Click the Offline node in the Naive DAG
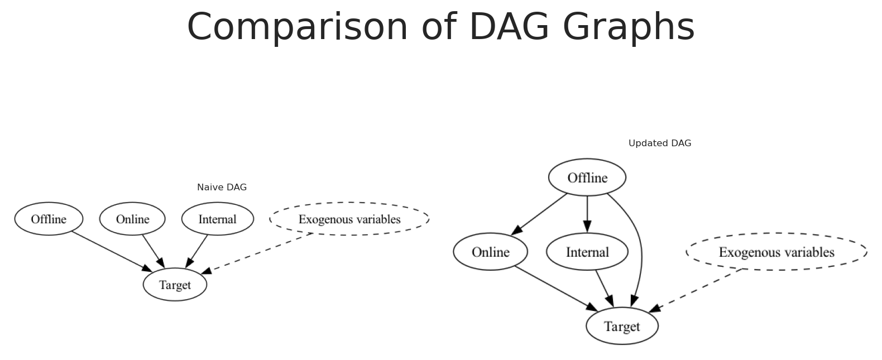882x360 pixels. (x=49, y=219)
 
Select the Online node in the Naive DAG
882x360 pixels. (x=132, y=219)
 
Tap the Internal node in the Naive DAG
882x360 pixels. (x=217, y=219)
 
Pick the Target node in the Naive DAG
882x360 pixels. (x=175, y=285)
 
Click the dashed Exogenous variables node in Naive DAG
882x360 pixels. (x=349, y=219)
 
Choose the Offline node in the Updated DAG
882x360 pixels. (x=587, y=177)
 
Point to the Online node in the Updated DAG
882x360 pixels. (x=491, y=252)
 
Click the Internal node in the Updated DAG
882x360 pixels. (x=587, y=252)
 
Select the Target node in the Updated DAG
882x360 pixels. (x=622, y=326)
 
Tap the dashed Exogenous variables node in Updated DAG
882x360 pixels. (x=776, y=252)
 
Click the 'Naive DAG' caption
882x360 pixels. (x=222, y=188)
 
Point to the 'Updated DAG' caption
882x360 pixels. (x=660, y=143)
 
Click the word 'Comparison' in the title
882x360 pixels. (x=298, y=27)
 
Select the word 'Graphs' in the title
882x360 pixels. (x=629, y=27)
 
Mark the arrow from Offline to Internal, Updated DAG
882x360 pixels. (x=587, y=214)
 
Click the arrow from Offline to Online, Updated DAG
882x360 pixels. (x=539, y=215)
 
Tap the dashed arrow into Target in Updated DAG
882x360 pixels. (x=696, y=291)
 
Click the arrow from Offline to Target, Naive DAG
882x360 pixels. (x=112, y=251)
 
